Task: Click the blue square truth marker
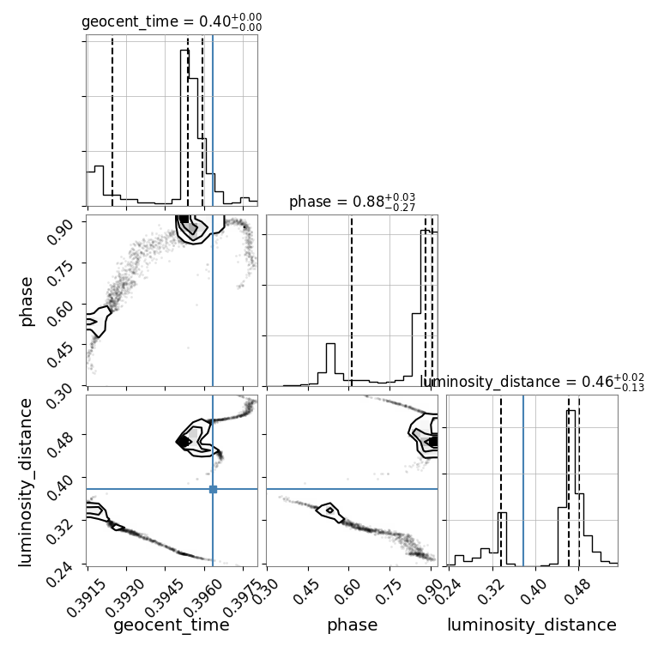(213, 489)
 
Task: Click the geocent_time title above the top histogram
(172, 21)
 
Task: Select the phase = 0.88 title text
(353, 202)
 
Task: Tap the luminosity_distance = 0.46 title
(532, 382)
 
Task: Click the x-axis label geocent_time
(172, 625)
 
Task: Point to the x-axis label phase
(353, 625)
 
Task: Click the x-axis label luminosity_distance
(532, 625)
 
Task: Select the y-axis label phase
(26, 302)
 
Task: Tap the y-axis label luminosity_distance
(25, 482)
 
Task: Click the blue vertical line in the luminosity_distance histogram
(523, 480)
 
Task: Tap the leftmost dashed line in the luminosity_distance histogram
(501, 480)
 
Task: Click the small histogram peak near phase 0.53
(330, 344)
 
